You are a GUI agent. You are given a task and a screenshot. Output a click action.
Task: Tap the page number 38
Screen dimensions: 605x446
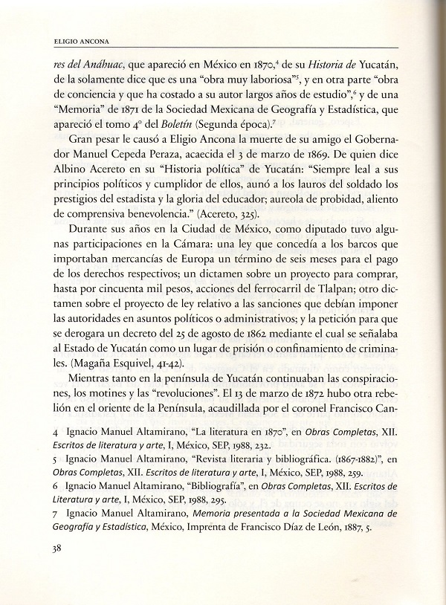[52, 549]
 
